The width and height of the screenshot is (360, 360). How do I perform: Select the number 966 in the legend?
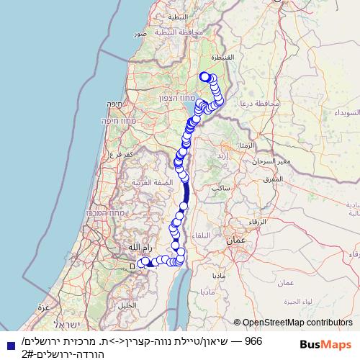pos(253,340)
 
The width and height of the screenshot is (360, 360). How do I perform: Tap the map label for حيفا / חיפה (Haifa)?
pos(112,104)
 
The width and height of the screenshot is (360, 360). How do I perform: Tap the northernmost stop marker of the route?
pos(204,77)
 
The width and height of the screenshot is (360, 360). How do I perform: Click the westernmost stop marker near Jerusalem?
pos(143,264)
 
